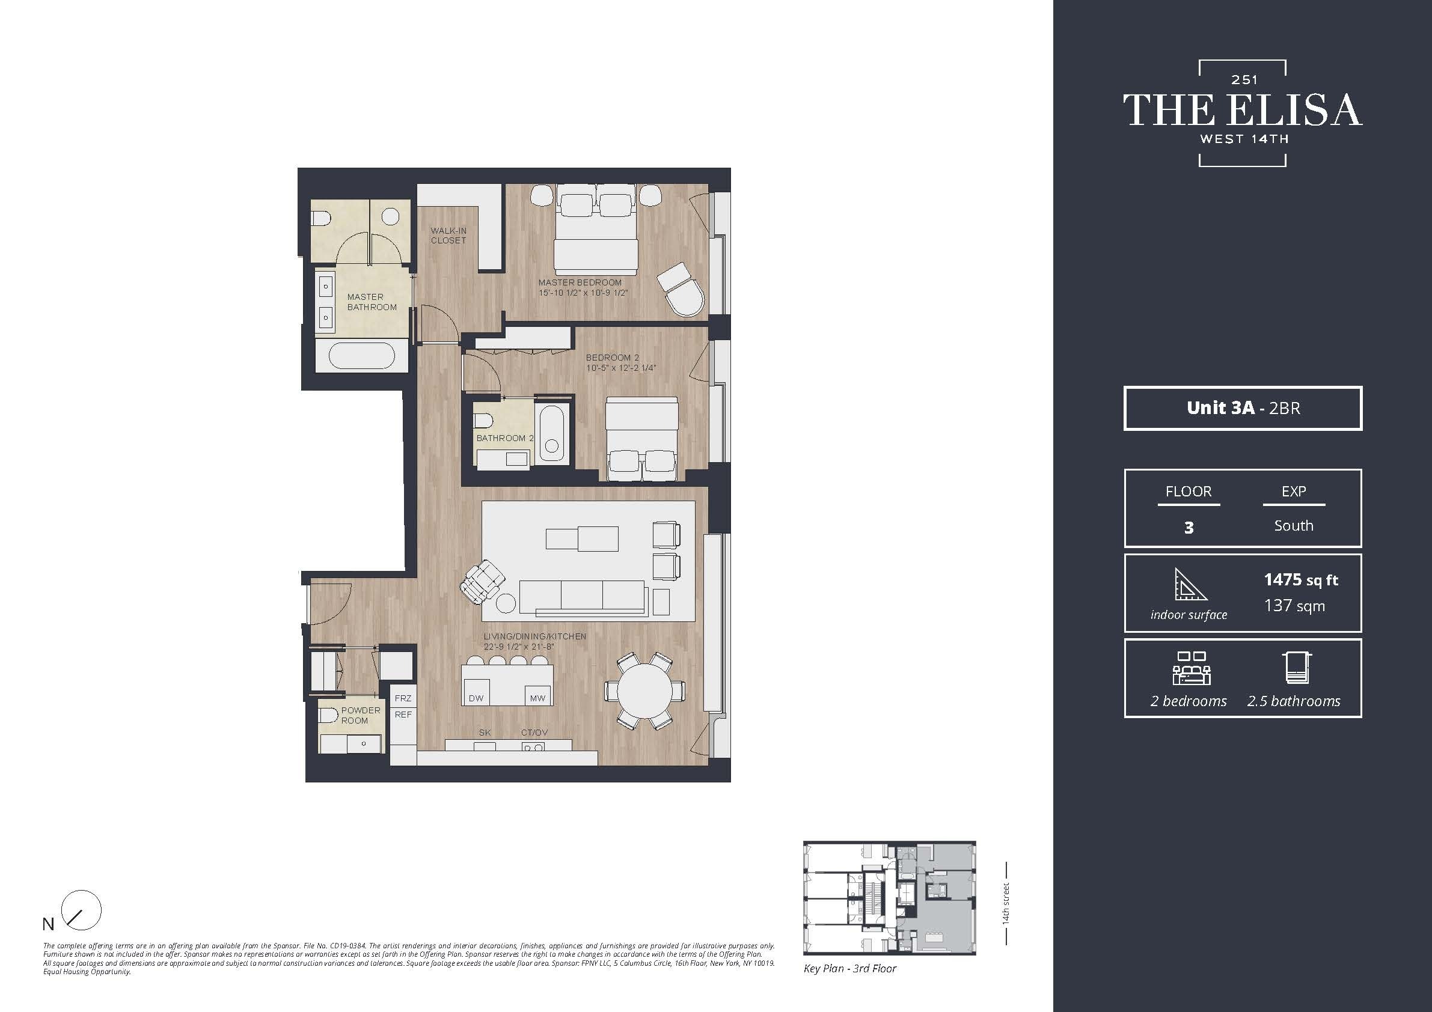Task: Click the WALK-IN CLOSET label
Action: tap(448, 235)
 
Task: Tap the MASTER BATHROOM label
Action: tap(371, 302)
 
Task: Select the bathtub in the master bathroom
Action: tap(361, 356)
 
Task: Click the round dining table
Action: tap(644, 691)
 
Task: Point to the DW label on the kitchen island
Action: tap(476, 698)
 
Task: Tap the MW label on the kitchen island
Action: tap(537, 698)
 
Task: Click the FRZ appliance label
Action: tap(403, 698)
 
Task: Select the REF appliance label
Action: tap(403, 715)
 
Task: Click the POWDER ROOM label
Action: tap(360, 715)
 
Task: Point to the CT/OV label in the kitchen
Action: tap(534, 733)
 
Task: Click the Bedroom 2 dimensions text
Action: tap(620, 368)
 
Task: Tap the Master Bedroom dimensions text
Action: tap(583, 293)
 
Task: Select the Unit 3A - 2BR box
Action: tap(1243, 408)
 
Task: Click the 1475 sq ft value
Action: tap(1300, 580)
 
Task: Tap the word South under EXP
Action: tap(1293, 526)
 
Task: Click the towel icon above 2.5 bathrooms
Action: tap(1298, 668)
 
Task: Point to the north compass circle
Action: tap(82, 910)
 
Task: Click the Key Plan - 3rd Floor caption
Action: tap(849, 968)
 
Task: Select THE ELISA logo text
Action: tap(1242, 111)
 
